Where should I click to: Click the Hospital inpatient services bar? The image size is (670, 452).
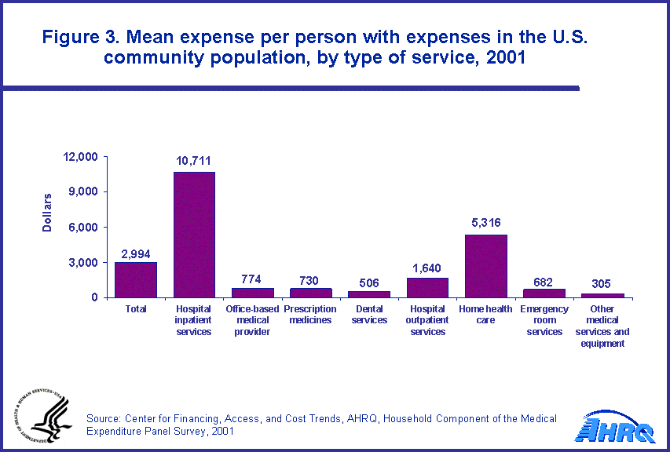(194, 235)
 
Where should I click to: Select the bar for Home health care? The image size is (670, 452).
(485, 266)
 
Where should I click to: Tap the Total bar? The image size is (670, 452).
(136, 279)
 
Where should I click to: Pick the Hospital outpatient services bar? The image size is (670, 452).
(427, 287)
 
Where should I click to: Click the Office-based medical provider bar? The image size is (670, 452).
(252, 293)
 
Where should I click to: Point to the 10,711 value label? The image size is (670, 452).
(193, 162)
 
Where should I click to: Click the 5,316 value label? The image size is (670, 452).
(485, 224)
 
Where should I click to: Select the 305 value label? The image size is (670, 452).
(602, 284)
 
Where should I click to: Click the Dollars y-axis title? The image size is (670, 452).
(48, 212)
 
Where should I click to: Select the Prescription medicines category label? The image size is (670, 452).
(310, 315)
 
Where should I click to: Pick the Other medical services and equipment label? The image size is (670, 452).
(602, 326)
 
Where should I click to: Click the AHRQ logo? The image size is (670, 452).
(614, 427)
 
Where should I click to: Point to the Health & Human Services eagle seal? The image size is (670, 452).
(38, 416)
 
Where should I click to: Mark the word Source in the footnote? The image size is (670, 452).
(104, 418)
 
